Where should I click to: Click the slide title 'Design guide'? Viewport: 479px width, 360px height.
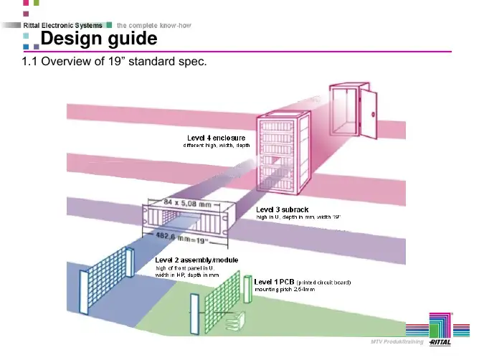[x=99, y=37]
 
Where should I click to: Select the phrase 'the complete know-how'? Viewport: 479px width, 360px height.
[x=155, y=25]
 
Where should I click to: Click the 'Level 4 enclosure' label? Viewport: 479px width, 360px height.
[x=216, y=137]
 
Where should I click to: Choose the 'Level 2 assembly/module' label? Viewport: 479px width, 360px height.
[x=196, y=259]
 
